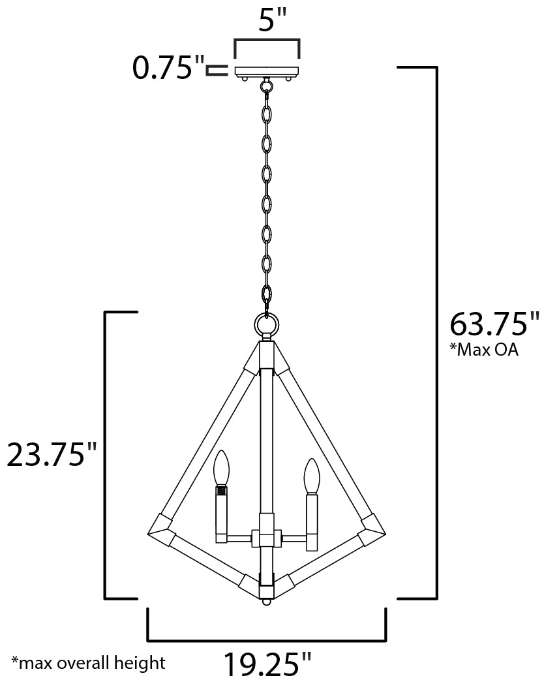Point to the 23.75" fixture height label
[x=52, y=454]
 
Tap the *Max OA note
[x=484, y=350]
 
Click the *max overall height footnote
[x=89, y=662]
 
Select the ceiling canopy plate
[x=267, y=72]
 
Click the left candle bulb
[x=222, y=469]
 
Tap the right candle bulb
[x=311, y=476]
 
